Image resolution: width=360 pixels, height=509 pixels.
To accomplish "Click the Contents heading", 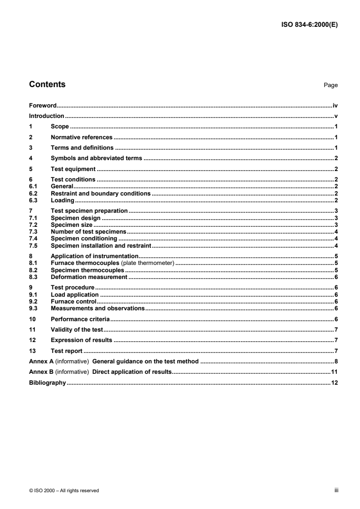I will point(47,84).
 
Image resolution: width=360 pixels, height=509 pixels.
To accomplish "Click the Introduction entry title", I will point(46,116).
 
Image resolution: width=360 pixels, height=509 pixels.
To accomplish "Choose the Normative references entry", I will point(81,137).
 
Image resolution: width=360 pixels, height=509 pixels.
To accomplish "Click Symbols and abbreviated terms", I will point(97,158).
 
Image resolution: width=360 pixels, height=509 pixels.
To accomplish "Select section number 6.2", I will point(33,193).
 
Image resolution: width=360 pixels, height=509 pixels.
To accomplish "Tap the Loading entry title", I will point(63,200).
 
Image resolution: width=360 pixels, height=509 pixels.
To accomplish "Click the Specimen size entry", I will point(72,225).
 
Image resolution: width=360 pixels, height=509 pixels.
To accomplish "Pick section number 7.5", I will point(33,245).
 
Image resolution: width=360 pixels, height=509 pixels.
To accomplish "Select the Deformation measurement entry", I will point(89,277).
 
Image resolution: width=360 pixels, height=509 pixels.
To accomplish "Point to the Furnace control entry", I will point(73,301).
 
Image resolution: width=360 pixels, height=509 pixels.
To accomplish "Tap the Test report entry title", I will point(66,351).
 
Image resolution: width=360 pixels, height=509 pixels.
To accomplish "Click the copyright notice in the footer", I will point(64,490).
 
